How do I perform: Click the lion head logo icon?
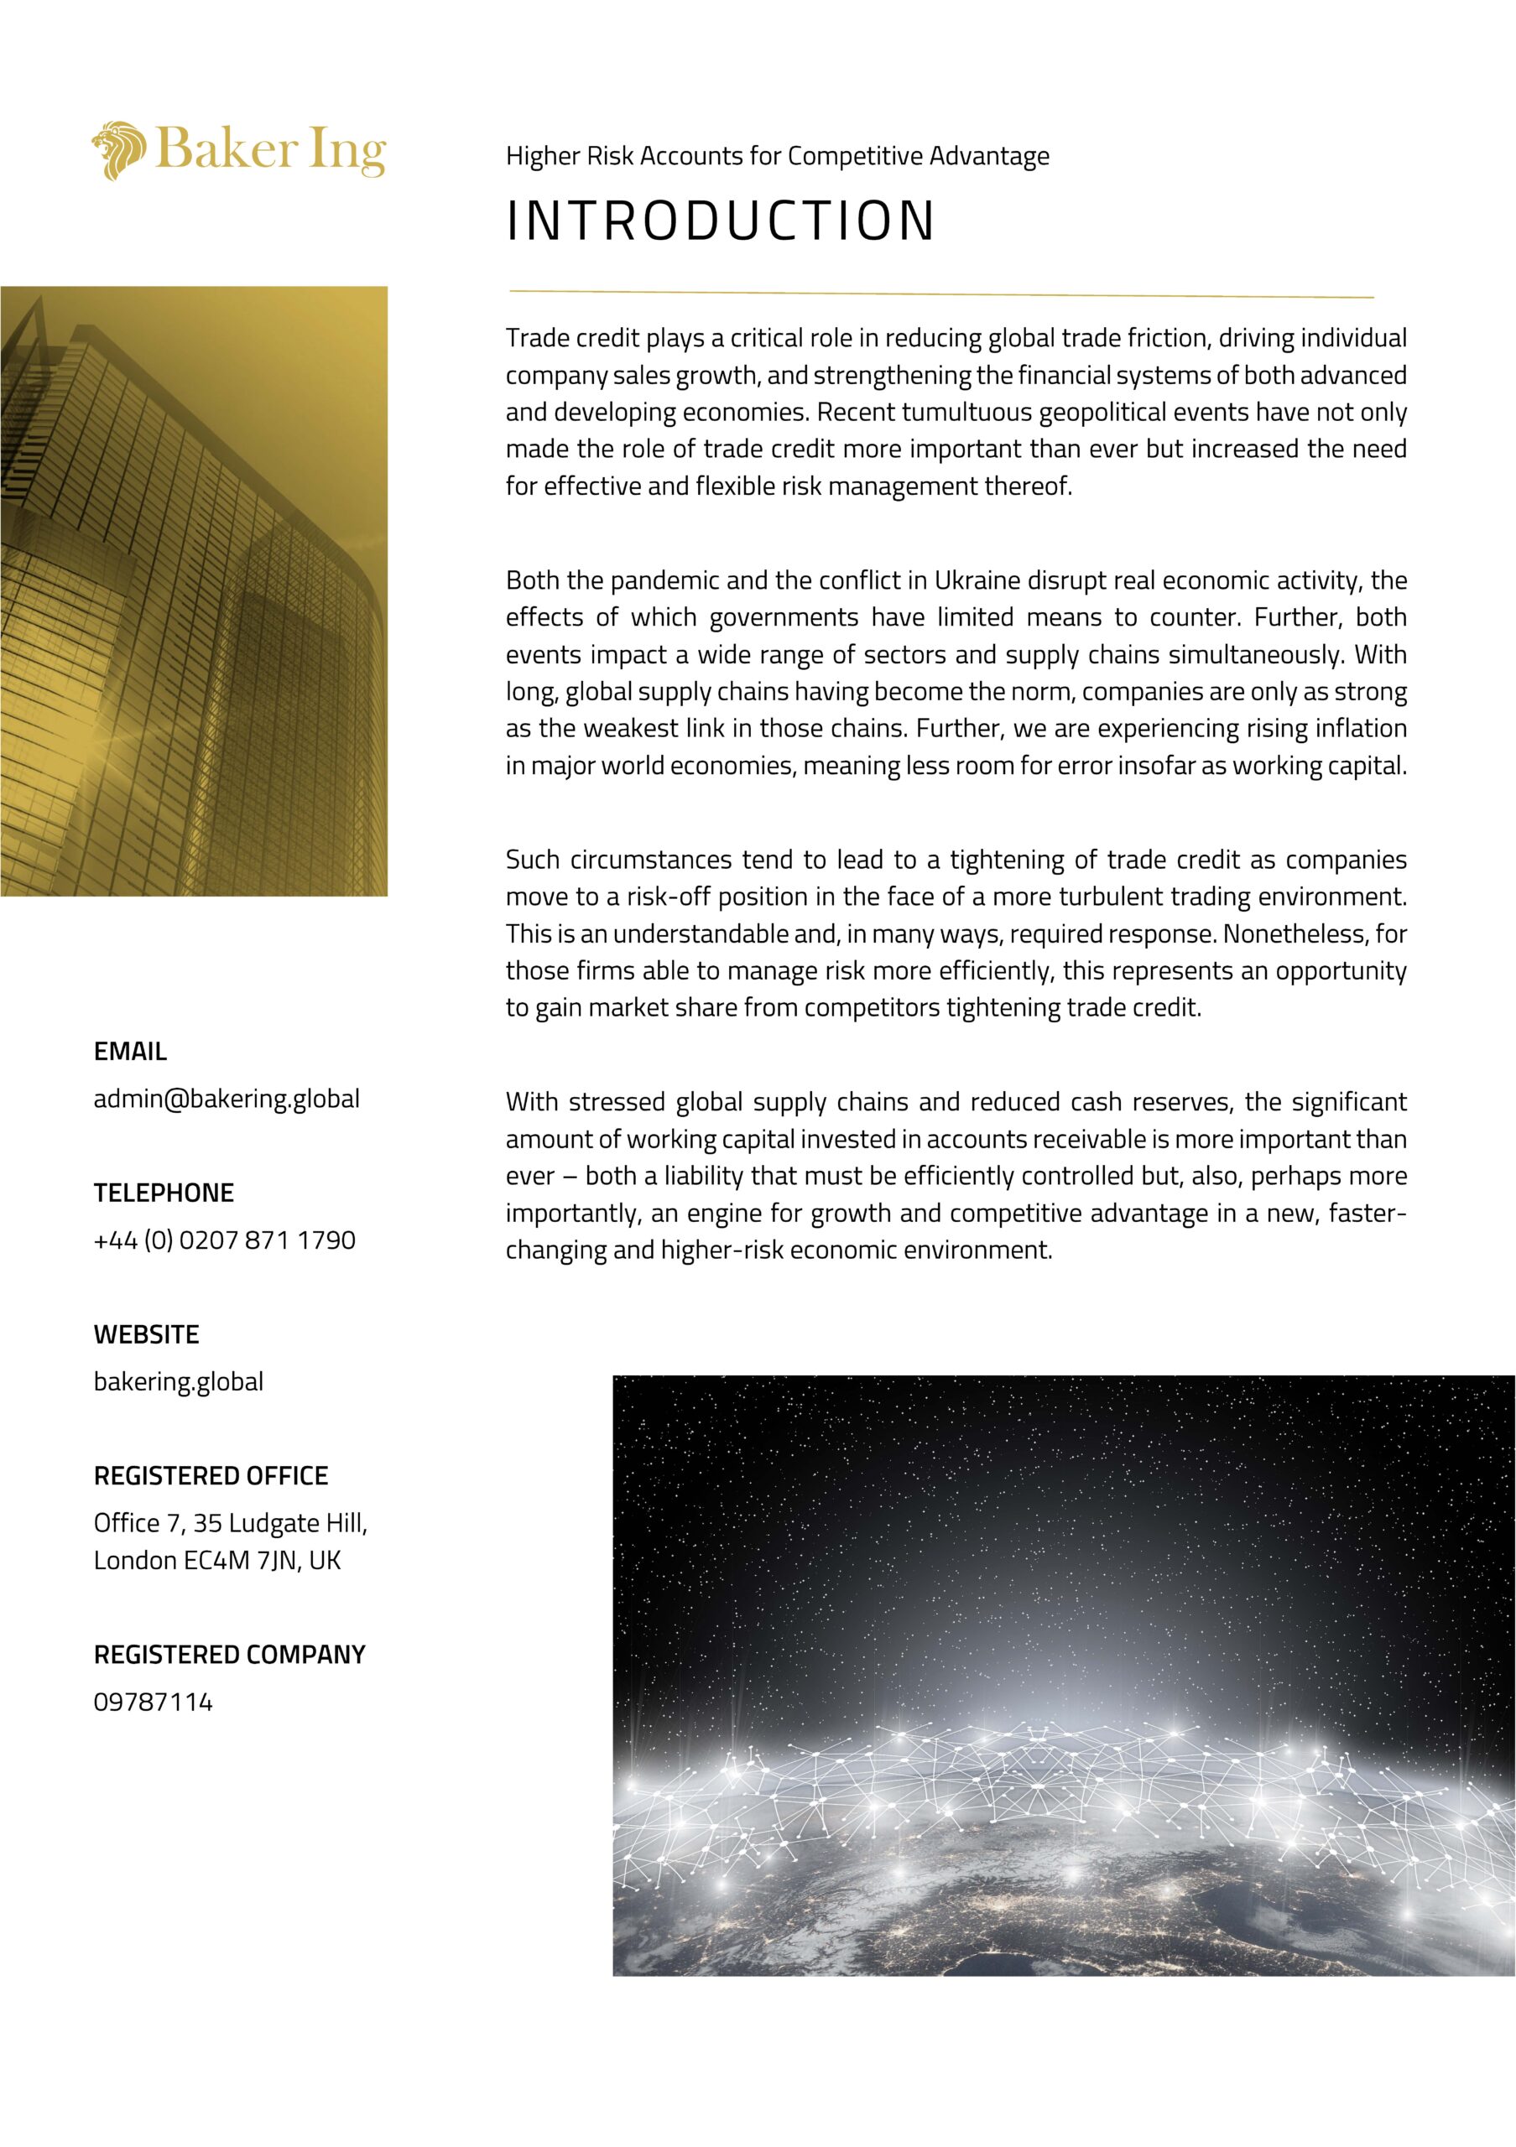pos(119,149)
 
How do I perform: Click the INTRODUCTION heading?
pos(720,221)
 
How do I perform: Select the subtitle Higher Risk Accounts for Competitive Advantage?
pos(777,156)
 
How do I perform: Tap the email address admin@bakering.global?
pos(227,1099)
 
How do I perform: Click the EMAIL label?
pos(130,1051)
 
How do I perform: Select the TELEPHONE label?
pos(164,1193)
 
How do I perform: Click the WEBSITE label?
pos(146,1334)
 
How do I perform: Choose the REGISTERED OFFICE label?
pos(211,1475)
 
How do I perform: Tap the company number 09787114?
pos(154,1702)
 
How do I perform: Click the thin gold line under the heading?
pos(940,294)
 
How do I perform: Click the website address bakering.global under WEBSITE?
pos(179,1382)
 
